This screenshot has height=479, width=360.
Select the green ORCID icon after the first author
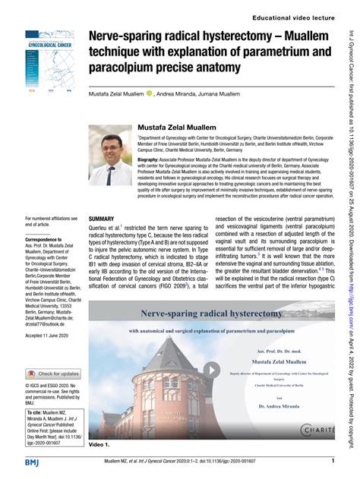coord(150,93)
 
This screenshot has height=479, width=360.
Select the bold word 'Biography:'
coord(153,161)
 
